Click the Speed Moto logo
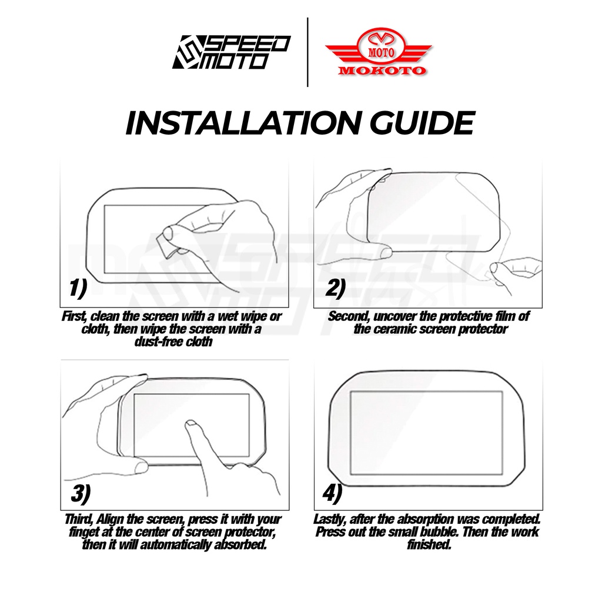pyautogui.click(x=231, y=52)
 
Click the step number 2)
pyautogui.click(x=335, y=288)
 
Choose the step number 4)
pyautogui.click(x=332, y=494)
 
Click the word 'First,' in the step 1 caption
pyautogui.click(x=75, y=316)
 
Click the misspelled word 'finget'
pyautogui.click(x=82, y=533)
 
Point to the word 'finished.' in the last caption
pyautogui.click(x=429, y=545)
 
